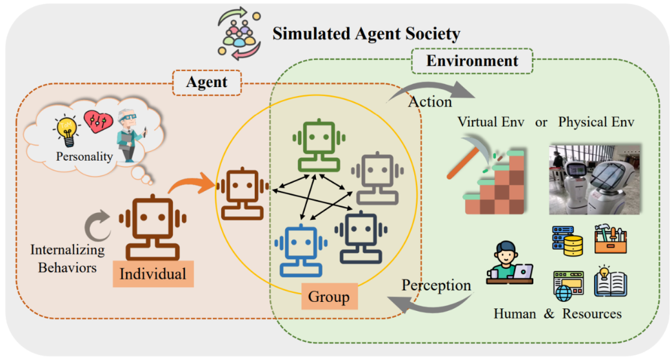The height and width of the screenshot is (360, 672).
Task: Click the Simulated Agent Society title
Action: pyautogui.click(x=366, y=34)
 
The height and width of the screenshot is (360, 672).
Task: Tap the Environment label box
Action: pyautogui.click(x=472, y=61)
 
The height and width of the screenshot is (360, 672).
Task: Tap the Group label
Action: pyautogui.click(x=328, y=297)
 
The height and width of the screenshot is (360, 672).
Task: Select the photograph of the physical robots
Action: pyautogui.click(x=595, y=179)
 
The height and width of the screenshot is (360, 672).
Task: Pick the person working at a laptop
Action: pyautogui.click(x=509, y=263)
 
